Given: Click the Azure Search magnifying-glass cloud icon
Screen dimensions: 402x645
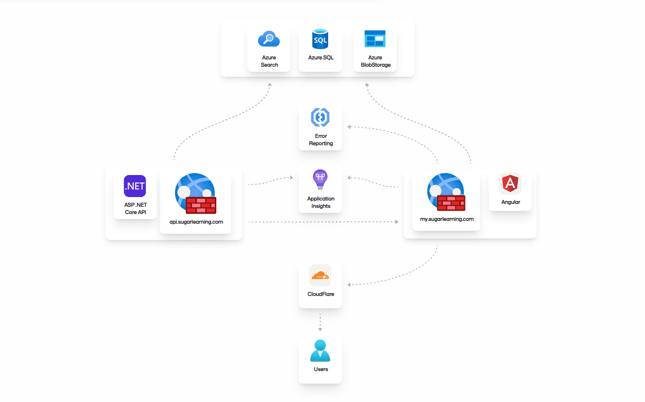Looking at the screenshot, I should coord(269,39).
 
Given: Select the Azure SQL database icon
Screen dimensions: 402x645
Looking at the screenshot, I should coord(320,40).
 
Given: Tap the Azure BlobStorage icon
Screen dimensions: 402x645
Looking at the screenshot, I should coord(375,39).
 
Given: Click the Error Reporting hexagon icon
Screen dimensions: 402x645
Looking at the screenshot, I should coord(320,117).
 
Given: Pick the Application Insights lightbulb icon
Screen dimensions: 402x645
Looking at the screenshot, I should coord(320,180).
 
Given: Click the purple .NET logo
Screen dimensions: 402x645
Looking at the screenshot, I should coord(135,186).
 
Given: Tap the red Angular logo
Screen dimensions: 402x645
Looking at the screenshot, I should coord(510,184).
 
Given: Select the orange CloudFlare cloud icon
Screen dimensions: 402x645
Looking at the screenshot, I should coord(320,276).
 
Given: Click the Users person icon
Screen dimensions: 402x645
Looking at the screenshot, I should coord(320,351).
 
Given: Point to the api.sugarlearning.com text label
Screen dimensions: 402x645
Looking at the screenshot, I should coord(196,222).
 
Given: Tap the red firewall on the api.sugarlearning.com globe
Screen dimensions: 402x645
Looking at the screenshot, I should coord(201,205).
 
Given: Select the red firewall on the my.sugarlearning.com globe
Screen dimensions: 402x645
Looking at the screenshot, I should coord(451,202).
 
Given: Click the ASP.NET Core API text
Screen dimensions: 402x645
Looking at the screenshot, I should coord(135,208).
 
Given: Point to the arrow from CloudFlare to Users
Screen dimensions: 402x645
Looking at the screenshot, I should coord(320,322).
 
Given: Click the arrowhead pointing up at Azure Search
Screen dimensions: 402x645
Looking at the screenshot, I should coord(269,85).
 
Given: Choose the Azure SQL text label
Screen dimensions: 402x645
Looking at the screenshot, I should coord(320,58).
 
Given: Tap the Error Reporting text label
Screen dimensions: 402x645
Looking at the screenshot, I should coord(320,139).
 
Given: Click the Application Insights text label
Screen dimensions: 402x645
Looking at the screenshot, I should coord(320,202).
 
